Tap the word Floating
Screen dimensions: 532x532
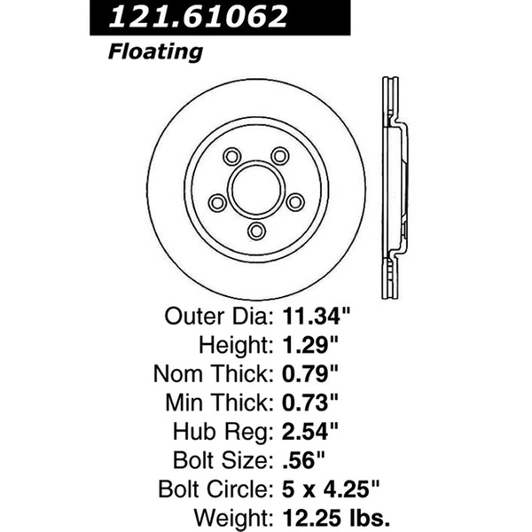[155, 51]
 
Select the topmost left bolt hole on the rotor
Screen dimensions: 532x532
[230, 157]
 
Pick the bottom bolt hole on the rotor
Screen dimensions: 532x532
[256, 231]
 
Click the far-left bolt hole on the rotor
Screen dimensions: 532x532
[215, 203]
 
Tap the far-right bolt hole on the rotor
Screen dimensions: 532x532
[296, 201]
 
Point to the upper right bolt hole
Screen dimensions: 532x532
[281, 156]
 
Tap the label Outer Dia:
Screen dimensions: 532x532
[220, 315]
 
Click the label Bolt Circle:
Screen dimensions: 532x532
[217, 490]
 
